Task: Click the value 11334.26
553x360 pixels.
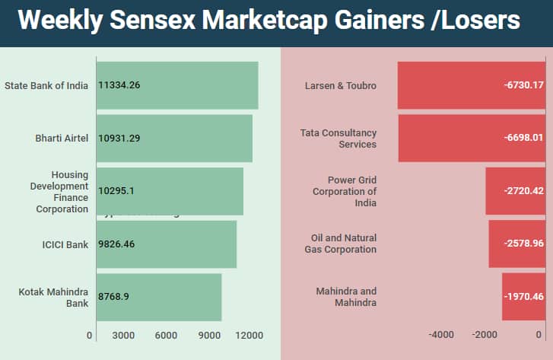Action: coord(119,85)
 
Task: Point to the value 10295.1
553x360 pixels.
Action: coord(116,191)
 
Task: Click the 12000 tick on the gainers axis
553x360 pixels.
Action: coord(250,336)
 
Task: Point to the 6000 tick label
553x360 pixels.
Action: coord(166,336)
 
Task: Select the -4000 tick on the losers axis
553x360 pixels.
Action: coord(441,336)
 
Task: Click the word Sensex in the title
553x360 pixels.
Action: coord(157,21)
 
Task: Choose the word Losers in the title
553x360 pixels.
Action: coord(479,21)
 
